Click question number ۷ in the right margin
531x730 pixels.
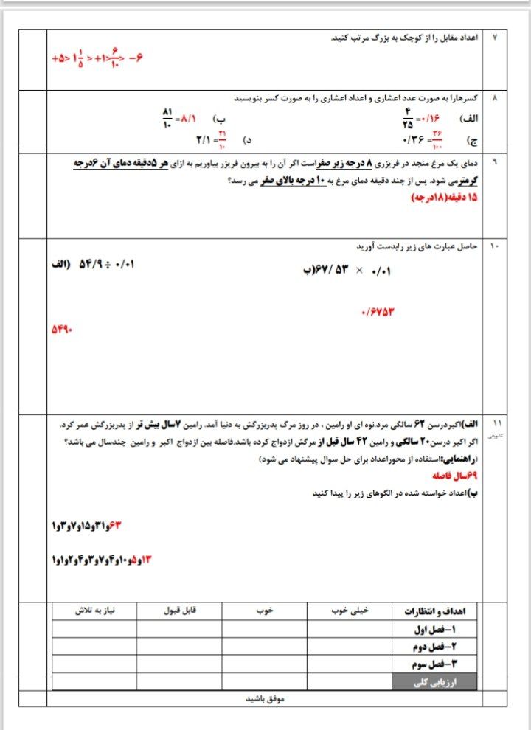point(495,37)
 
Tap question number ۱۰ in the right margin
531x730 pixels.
point(494,247)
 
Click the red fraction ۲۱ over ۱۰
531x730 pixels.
point(222,139)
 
